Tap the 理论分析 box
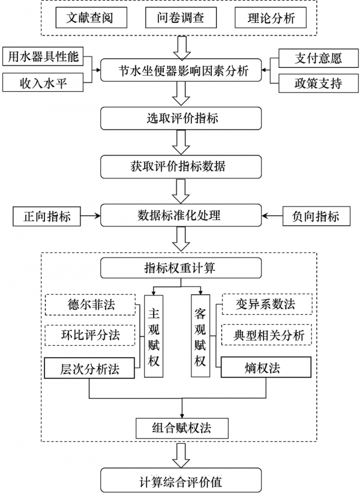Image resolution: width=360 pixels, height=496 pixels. pos(272,18)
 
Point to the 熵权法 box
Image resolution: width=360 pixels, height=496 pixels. pos(266,367)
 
